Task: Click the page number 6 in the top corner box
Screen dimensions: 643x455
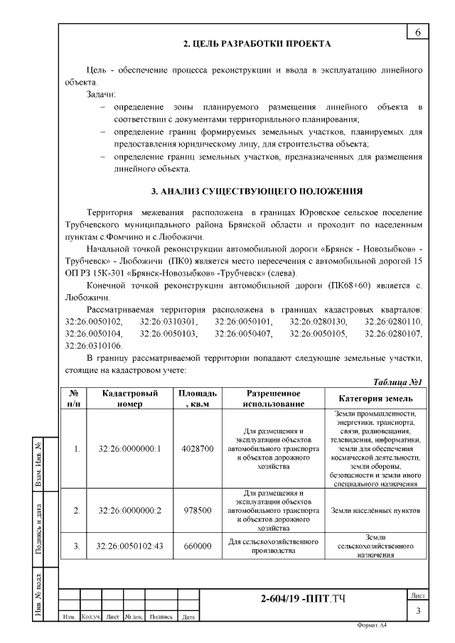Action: coord(417,33)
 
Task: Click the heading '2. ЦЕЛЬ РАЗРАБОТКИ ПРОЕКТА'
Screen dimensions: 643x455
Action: coord(257,44)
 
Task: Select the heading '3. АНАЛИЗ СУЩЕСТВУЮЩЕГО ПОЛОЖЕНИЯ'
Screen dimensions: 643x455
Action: coord(257,191)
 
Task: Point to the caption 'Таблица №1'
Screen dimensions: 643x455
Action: coord(398,382)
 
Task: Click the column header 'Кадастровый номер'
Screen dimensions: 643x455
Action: coord(130,399)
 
